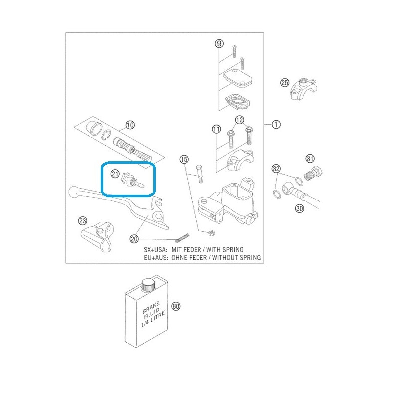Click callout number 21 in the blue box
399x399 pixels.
[115, 174]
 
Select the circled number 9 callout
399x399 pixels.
[219, 44]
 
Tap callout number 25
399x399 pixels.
[285, 83]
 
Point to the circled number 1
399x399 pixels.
[276, 124]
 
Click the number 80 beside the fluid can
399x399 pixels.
[176, 306]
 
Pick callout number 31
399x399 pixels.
[310, 159]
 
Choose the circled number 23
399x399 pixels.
[83, 220]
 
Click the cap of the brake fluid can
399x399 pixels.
[148, 284]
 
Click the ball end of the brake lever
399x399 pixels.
[74, 192]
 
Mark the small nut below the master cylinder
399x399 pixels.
[211, 233]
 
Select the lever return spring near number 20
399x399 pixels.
[182, 238]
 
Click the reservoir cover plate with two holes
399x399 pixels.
[238, 78]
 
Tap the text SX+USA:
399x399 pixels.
[156, 250]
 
